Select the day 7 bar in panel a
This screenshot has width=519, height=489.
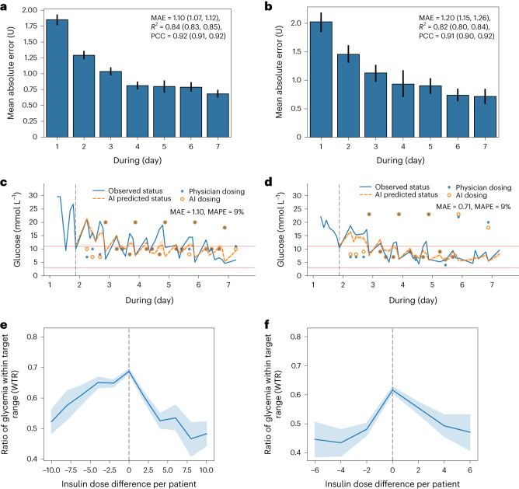[223, 117]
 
